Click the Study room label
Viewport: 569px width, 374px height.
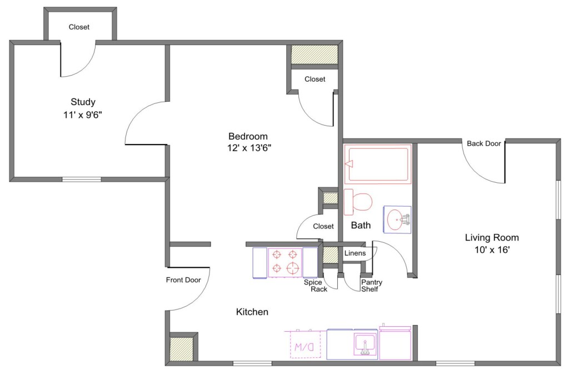(83, 102)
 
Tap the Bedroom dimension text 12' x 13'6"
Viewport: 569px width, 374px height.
(249, 148)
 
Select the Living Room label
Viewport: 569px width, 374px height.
(492, 238)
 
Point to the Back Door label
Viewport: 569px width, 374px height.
(484, 143)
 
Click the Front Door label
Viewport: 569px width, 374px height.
(183, 280)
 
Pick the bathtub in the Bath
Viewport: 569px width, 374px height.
(377, 164)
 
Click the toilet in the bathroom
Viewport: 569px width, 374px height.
(358, 202)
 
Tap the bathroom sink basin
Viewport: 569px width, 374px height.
(397, 220)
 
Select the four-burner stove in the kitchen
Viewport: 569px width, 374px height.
(285, 262)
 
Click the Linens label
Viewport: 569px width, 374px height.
(355, 253)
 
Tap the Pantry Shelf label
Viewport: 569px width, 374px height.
(372, 286)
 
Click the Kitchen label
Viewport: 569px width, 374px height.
(252, 312)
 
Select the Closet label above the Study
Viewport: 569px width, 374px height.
(79, 27)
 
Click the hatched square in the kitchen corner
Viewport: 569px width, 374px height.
(182, 349)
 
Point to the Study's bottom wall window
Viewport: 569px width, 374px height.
(82, 179)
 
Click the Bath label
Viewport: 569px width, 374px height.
(361, 225)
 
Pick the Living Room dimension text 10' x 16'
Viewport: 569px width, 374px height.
(492, 250)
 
